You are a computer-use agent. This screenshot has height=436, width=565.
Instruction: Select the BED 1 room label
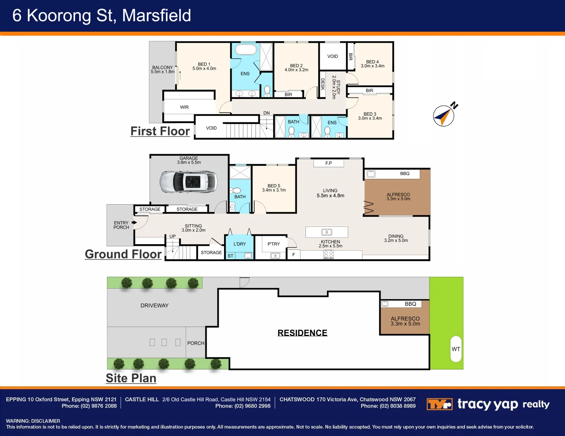[204, 66]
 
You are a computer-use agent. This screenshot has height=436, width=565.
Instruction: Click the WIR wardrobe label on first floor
[184, 107]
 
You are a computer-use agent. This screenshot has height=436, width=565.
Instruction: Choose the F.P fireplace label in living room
[329, 163]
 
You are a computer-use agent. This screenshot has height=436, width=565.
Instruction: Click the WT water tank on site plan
[456, 349]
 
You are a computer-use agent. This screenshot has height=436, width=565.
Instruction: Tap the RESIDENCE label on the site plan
[302, 333]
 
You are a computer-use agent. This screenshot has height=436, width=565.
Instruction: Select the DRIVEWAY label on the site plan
[155, 306]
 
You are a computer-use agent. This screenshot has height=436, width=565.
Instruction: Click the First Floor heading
[160, 131]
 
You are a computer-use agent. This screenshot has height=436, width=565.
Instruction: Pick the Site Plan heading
[131, 378]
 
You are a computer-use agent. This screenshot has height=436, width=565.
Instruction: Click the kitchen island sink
[326, 232]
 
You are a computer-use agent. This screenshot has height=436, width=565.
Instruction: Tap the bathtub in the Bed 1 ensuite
[245, 50]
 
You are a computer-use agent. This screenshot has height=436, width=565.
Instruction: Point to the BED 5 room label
[274, 188]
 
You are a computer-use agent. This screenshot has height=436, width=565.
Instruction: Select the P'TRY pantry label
[274, 244]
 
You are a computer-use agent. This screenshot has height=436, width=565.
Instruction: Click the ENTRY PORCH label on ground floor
[121, 225]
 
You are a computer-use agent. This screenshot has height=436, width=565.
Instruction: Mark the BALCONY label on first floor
[163, 69]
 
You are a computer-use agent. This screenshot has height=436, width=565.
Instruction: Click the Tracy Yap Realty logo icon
[439, 404]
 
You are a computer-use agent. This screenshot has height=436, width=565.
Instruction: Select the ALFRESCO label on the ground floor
[398, 197]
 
